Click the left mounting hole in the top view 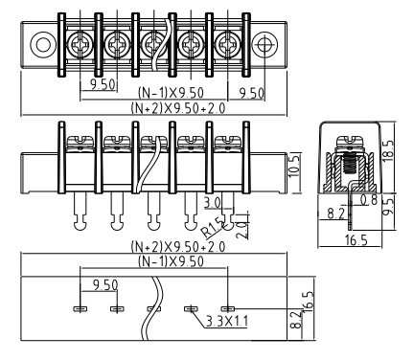(x=42, y=44)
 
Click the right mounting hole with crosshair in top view (x=264, y=44)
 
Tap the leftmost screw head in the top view (x=80, y=44)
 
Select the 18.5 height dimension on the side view (x=388, y=150)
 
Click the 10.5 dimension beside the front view (x=294, y=167)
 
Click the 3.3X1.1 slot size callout (x=226, y=322)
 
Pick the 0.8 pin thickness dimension (x=369, y=200)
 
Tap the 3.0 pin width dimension (x=212, y=203)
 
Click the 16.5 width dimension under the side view (x=356, y=239)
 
